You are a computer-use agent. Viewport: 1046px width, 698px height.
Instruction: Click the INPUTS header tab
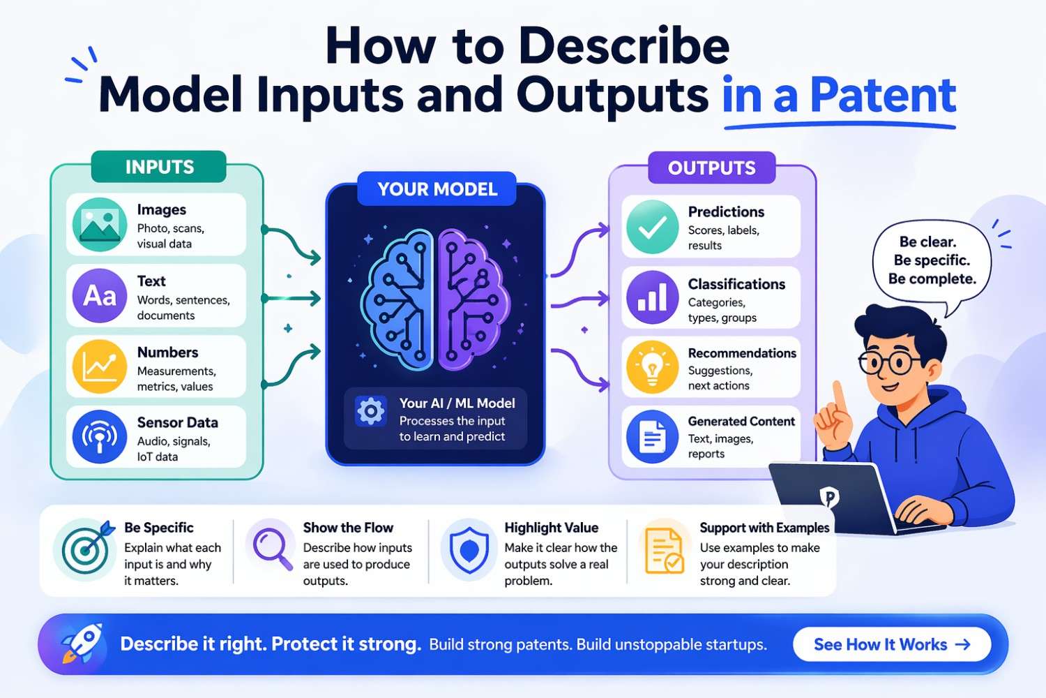pyautogui.click(x=159, y=168)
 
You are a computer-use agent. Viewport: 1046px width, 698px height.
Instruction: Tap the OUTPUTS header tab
pyautogui.click(x=711, y=168)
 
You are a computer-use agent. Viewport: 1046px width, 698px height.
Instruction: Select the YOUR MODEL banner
pyautogui.click(x=437, y=189)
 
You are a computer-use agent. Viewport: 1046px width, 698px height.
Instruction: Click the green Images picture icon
pyautogui.click(x=99, y=225)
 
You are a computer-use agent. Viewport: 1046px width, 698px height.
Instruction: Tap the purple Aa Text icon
pyautogui.click(x=99, y=296)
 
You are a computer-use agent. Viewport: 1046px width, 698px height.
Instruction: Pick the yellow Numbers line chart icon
pyautogui.click(x=99, y=366)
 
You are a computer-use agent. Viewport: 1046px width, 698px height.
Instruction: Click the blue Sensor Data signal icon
pyautogui.click(x=99, y=437)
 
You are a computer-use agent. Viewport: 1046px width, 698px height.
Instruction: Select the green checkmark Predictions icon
pyautogui.click(x=652, y=227)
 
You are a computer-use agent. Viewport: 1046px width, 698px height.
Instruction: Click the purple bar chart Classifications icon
pyautogui.click(x=652, y=298)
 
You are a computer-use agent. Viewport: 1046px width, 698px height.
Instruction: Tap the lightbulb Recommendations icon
pyautogui.click(x=652, y=367)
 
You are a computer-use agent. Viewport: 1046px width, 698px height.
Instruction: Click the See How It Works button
pyautogui.click(x=892, y=644)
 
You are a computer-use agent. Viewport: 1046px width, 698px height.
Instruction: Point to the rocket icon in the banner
pyautogui.click(x=81, y=642)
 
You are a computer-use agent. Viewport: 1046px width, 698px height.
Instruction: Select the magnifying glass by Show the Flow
pyautogui.click(x=272, y=549)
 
